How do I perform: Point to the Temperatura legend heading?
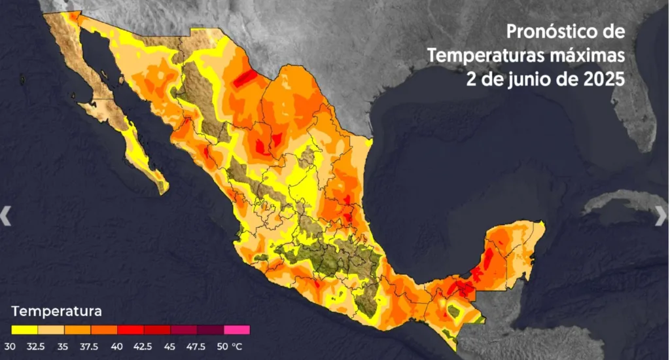tap(56, 310)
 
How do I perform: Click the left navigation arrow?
tap(6, 215)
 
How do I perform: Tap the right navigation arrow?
tap(661, 215)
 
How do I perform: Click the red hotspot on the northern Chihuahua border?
tap(245, 79)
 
